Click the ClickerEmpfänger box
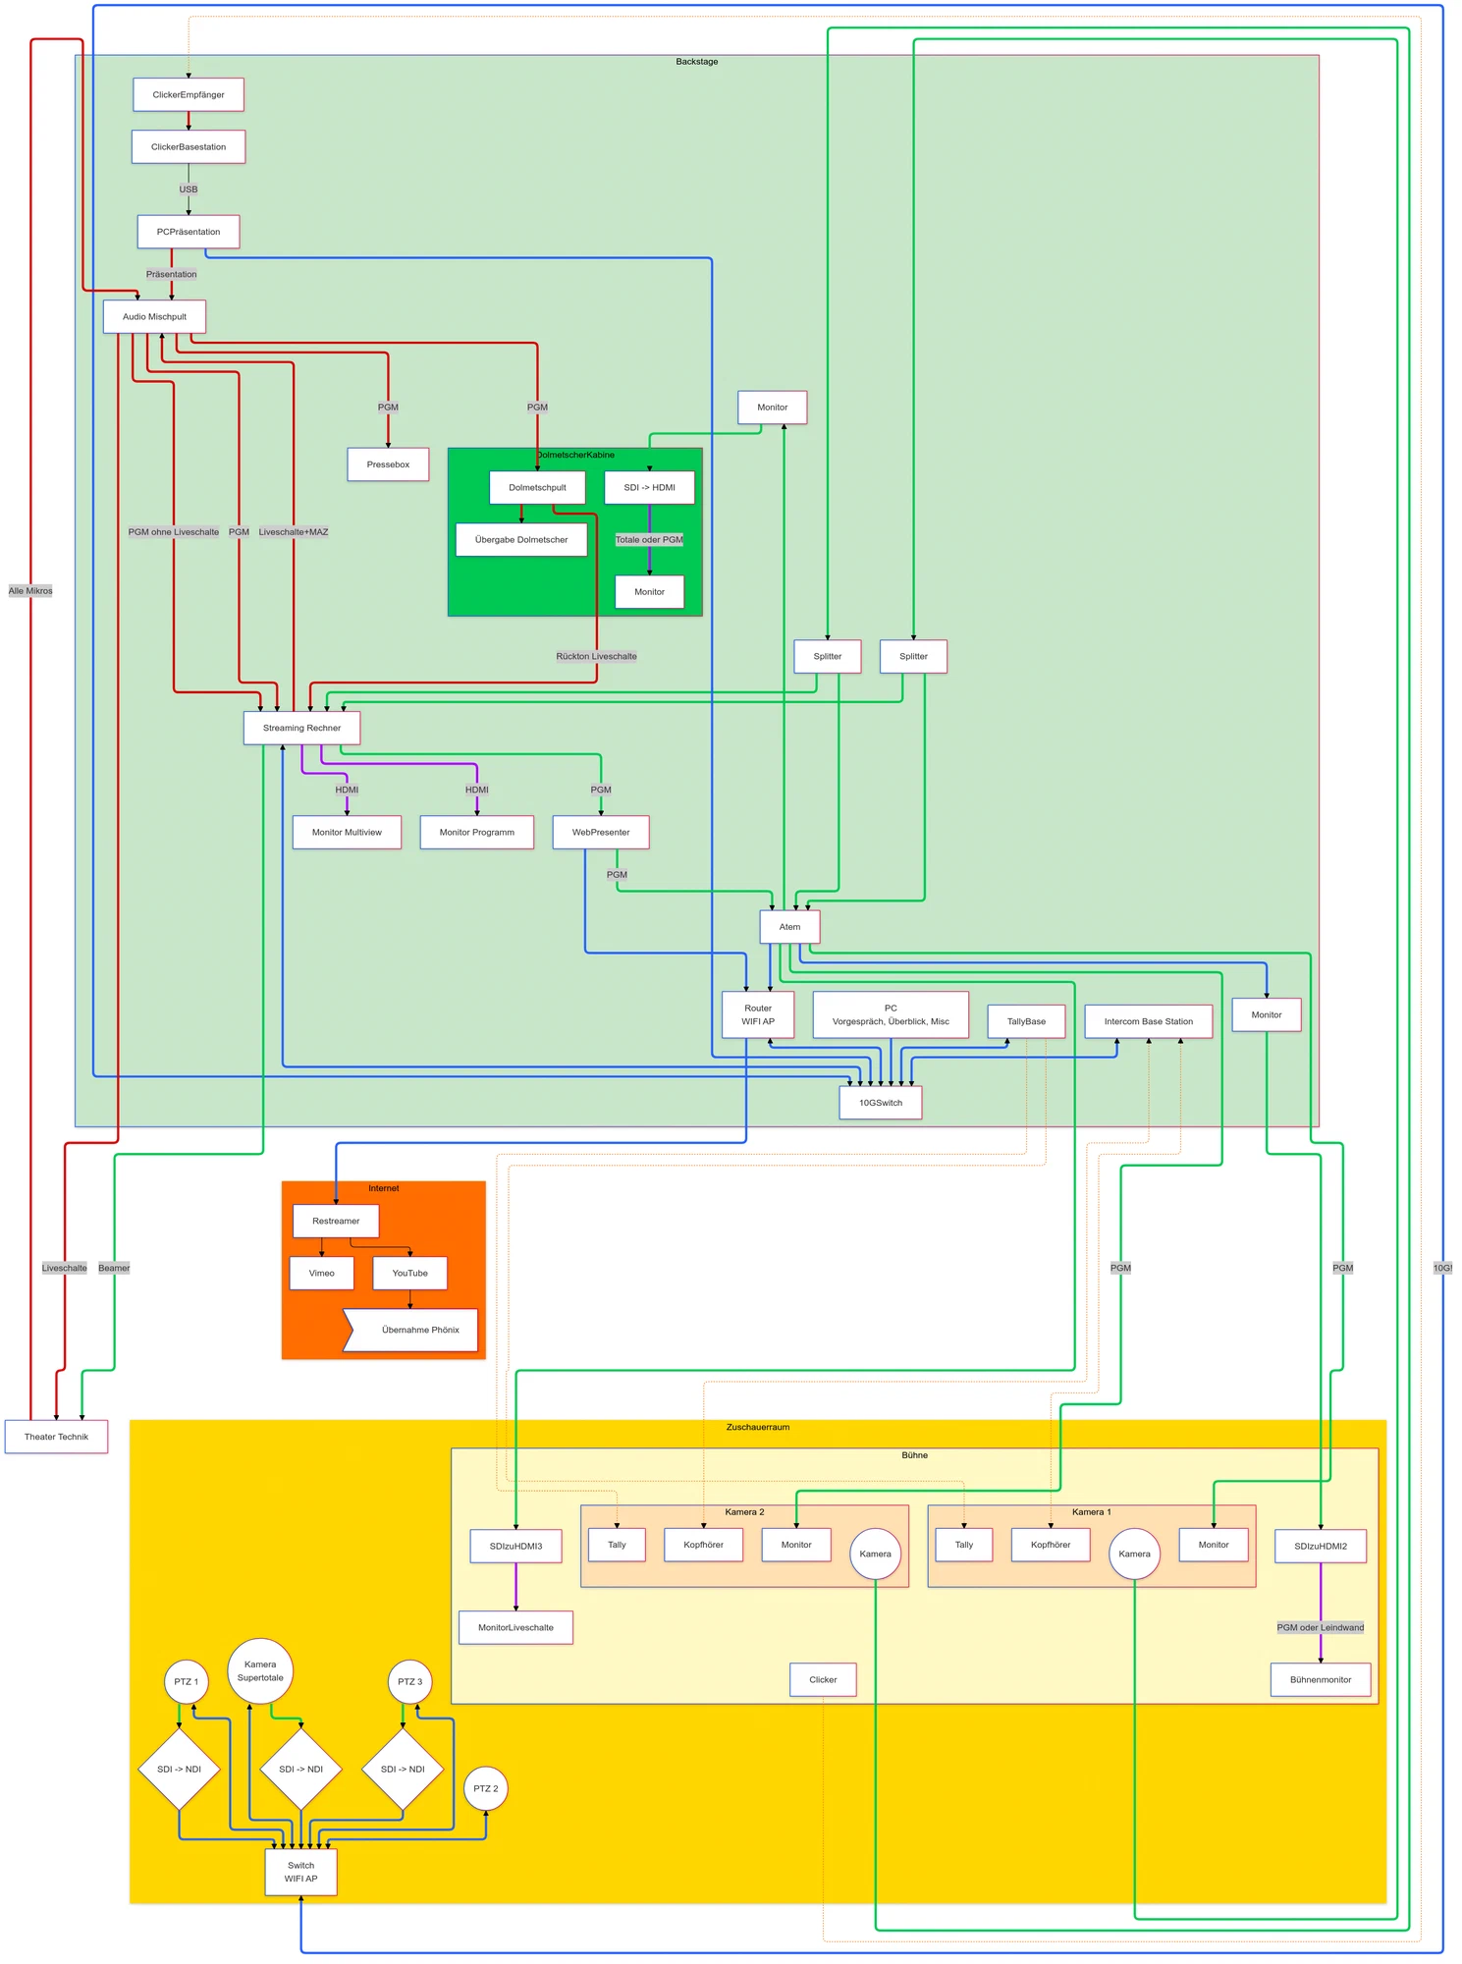pyautogui.click(x=189, y=95)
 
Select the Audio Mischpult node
pyautogui.click(x=154, y=317)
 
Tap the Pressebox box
pyautogui.click(x=388, y=464)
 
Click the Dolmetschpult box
pyautogui.click(x=537, y=487)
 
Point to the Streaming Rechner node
pyautogui.click(x=301, y=728)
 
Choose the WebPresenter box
pyautogui.click(x=601, y=832)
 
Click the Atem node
pyautogui.click(x=789, y=927)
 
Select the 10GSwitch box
pyautogui.click(x=881, y=1103)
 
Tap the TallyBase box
pyautogui.click(x=1026, y=1021)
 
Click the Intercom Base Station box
pyautogui.click(x=1148, y=1021)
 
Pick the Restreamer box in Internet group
pyautogui.click(x=336, y=1221)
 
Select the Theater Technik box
pyautogui.click(x=56, y=1437)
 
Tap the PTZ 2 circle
pyautogui.click(x=485, y=1788)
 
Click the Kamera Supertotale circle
pyautogui.click(x=260, y=1670)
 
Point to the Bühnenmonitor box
pyautogui.click(x=1320, y=1679)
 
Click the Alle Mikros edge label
pyautogui.click(x=30, y=591)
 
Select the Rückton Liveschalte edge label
pyautogui.click(x=596, y=656)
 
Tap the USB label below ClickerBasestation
pyautogui.click(x=189, y=190)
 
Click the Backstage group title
pyautogui.click(x=696, y=62)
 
